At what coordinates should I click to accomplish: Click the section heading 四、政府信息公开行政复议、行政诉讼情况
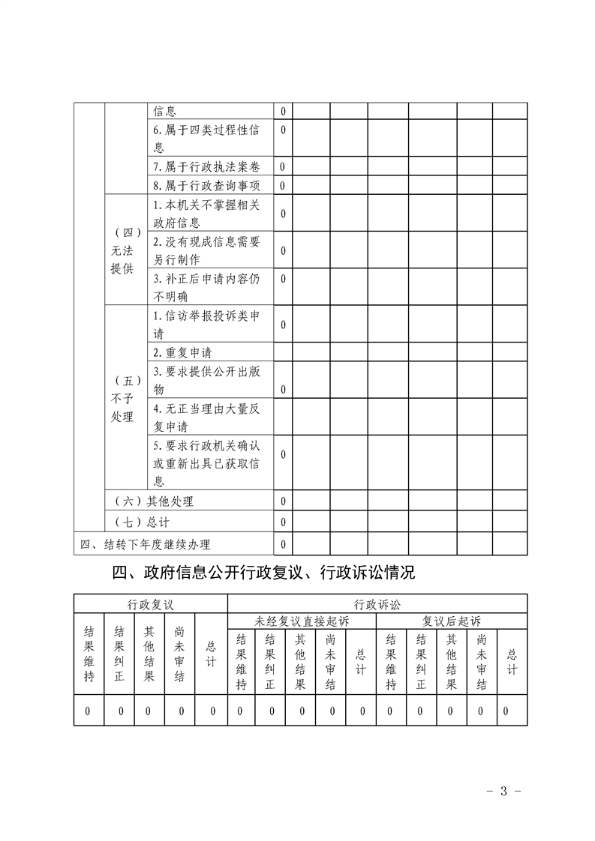pos(263,574)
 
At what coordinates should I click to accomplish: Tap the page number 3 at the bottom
pos(504,791)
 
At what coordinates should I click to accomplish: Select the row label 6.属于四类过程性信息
pos(206,139)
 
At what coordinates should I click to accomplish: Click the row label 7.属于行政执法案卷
pos(206,166)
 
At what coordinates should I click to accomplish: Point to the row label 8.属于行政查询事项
pos(206,185)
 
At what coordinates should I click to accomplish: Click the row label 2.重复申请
pos(185,352)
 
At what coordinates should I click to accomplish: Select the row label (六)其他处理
pos(154,501)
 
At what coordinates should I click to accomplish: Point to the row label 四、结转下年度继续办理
pos(146,544)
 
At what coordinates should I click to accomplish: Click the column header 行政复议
pos(150,603)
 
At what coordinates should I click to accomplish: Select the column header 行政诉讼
pos(377,603)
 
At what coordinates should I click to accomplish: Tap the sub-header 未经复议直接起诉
pos(302,621)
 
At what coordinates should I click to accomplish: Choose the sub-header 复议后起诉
pos(452,621)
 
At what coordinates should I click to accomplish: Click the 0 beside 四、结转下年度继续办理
pos(283,544)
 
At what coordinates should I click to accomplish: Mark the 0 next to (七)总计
pos(283,521)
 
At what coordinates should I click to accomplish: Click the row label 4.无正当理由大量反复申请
pos(206,418)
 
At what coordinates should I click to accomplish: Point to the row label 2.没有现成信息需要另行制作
pos(206,250)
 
